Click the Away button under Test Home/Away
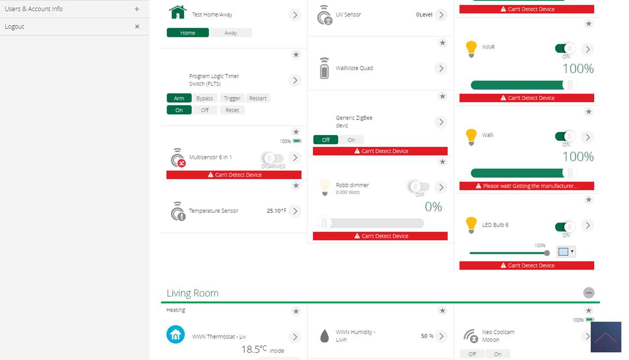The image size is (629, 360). [231, 33]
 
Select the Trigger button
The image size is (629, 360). [232, 98]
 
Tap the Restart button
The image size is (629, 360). [258, 98]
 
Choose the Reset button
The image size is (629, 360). [232, 110]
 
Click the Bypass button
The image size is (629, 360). [205, 98]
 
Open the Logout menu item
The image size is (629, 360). [15, 27]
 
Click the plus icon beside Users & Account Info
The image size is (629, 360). [137, 9]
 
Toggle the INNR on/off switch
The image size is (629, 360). [565, 48]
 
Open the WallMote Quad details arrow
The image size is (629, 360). [441, 68]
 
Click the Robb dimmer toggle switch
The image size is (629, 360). [419, 187]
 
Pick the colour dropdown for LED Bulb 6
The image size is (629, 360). [566, 252]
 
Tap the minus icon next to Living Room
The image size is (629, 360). [588, 293]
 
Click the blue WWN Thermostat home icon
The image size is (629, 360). [176, 334]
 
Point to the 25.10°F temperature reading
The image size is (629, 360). [276, 211]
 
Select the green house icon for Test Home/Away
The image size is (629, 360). [178, 13]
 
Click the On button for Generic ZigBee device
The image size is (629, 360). [351, 140]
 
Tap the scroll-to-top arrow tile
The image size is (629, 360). [606, 337]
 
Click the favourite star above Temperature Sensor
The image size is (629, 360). [296, 186]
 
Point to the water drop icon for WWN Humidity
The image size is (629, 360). [325, 336]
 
